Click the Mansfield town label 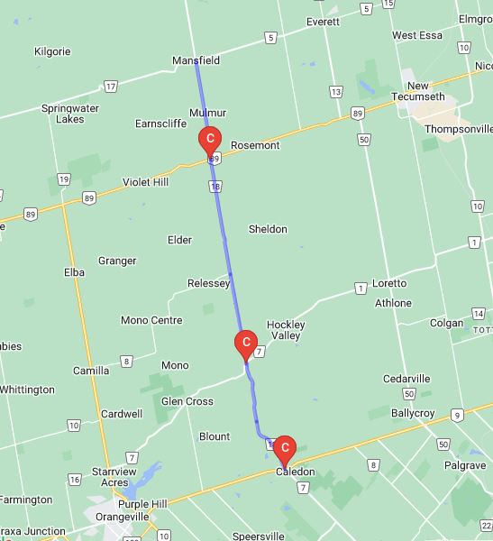pos(196,60)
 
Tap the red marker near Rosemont pos(210,140)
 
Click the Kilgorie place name pos(51,51)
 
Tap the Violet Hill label pos(145,181)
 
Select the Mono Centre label pos(151,320)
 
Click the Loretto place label pos(389,283)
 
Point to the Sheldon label pos(268,229)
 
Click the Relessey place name pos(209,283)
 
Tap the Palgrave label pos(464,465)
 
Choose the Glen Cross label pos(187,401)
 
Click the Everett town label pos(323,22)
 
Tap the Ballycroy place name pos(415,411)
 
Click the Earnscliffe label pos(160,124)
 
